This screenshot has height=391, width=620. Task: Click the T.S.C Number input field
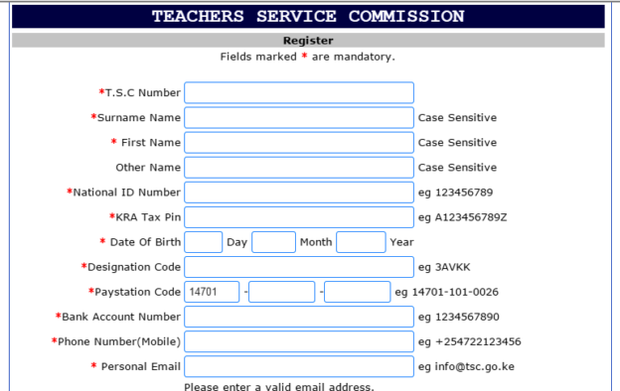(299, 93)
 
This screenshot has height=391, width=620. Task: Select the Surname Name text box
(299, 118)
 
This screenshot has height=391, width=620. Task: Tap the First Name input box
(299, 143)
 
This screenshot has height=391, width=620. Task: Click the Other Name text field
(299, 168)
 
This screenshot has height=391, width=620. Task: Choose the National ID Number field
(299, 193)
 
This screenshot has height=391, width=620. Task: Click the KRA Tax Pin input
(299, 217)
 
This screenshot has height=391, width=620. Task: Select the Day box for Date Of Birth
(204, 242)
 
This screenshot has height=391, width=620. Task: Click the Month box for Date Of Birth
(274, 242)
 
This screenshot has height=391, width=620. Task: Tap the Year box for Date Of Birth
(361, 242)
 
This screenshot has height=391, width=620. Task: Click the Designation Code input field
(299, 267)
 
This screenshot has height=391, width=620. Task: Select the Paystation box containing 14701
(213, 292)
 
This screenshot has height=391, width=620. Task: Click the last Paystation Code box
(358, 292)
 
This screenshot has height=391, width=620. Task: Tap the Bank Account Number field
(299, 317)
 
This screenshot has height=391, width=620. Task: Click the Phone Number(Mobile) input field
(299, 341)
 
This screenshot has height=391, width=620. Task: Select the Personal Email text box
(299, 366)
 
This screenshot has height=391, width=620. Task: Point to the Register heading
(308, 41)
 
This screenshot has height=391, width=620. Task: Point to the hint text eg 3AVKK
(444, 267)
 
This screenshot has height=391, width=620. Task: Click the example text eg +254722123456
(470, 341)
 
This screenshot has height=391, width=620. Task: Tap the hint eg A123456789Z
(463, 217)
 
